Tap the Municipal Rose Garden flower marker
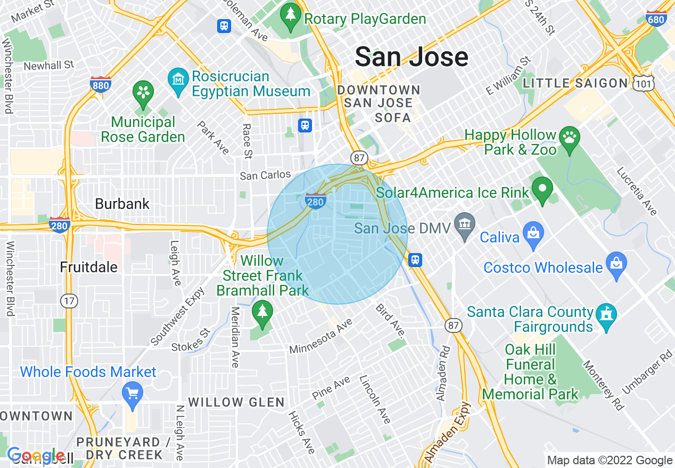[x=143, y=91]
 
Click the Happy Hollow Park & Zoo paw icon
[x=570, y=138]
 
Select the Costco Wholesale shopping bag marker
[x=616, y=265]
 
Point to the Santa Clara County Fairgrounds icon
[x=607, y=315]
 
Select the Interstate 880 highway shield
[x=101, y=85]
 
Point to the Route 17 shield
[x=69, y=301]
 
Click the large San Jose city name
[x=411, y=56]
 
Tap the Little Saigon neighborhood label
[x=575, y=83]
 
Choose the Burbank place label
[x=122, y=204]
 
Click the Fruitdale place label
[x=89, y=266]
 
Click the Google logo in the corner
[x=35, y=456]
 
